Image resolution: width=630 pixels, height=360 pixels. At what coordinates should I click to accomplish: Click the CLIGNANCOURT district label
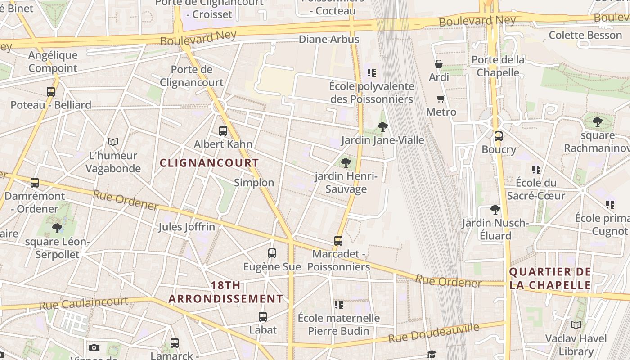point(209,163)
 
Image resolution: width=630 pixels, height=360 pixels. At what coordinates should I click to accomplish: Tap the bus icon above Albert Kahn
point(223,131)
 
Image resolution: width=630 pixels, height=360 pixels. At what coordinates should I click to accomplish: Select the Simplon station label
point(254,182)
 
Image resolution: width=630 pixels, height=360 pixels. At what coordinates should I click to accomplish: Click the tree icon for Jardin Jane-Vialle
point(383,127)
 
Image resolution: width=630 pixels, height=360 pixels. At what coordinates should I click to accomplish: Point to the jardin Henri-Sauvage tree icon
point(346,163)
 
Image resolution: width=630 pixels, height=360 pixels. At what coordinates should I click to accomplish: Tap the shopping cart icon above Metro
point(441,99)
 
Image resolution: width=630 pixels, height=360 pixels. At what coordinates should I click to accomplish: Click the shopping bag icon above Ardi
point(439,64)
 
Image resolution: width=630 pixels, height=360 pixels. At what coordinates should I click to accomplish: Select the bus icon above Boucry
point(498,136)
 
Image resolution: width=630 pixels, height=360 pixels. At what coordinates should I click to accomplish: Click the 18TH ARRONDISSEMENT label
point(226,292)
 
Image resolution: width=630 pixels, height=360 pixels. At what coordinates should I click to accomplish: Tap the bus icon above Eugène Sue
point(272,253)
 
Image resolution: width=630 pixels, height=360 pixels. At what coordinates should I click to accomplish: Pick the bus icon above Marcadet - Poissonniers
point(338,241)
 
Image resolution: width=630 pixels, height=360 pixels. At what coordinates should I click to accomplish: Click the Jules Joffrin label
point(186,227)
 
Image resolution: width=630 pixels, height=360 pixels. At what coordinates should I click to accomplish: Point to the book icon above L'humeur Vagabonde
point(113,142)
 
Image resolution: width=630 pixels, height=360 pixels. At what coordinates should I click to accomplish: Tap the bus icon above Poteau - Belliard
point(51,92)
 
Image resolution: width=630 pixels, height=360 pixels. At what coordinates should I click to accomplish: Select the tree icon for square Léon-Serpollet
point(57,228)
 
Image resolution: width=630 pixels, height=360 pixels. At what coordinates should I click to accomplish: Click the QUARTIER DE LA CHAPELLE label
point(550,278)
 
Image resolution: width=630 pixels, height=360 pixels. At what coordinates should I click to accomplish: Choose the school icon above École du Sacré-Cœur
point(536,170)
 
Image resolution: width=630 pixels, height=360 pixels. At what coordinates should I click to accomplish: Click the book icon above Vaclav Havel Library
point(576,325)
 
